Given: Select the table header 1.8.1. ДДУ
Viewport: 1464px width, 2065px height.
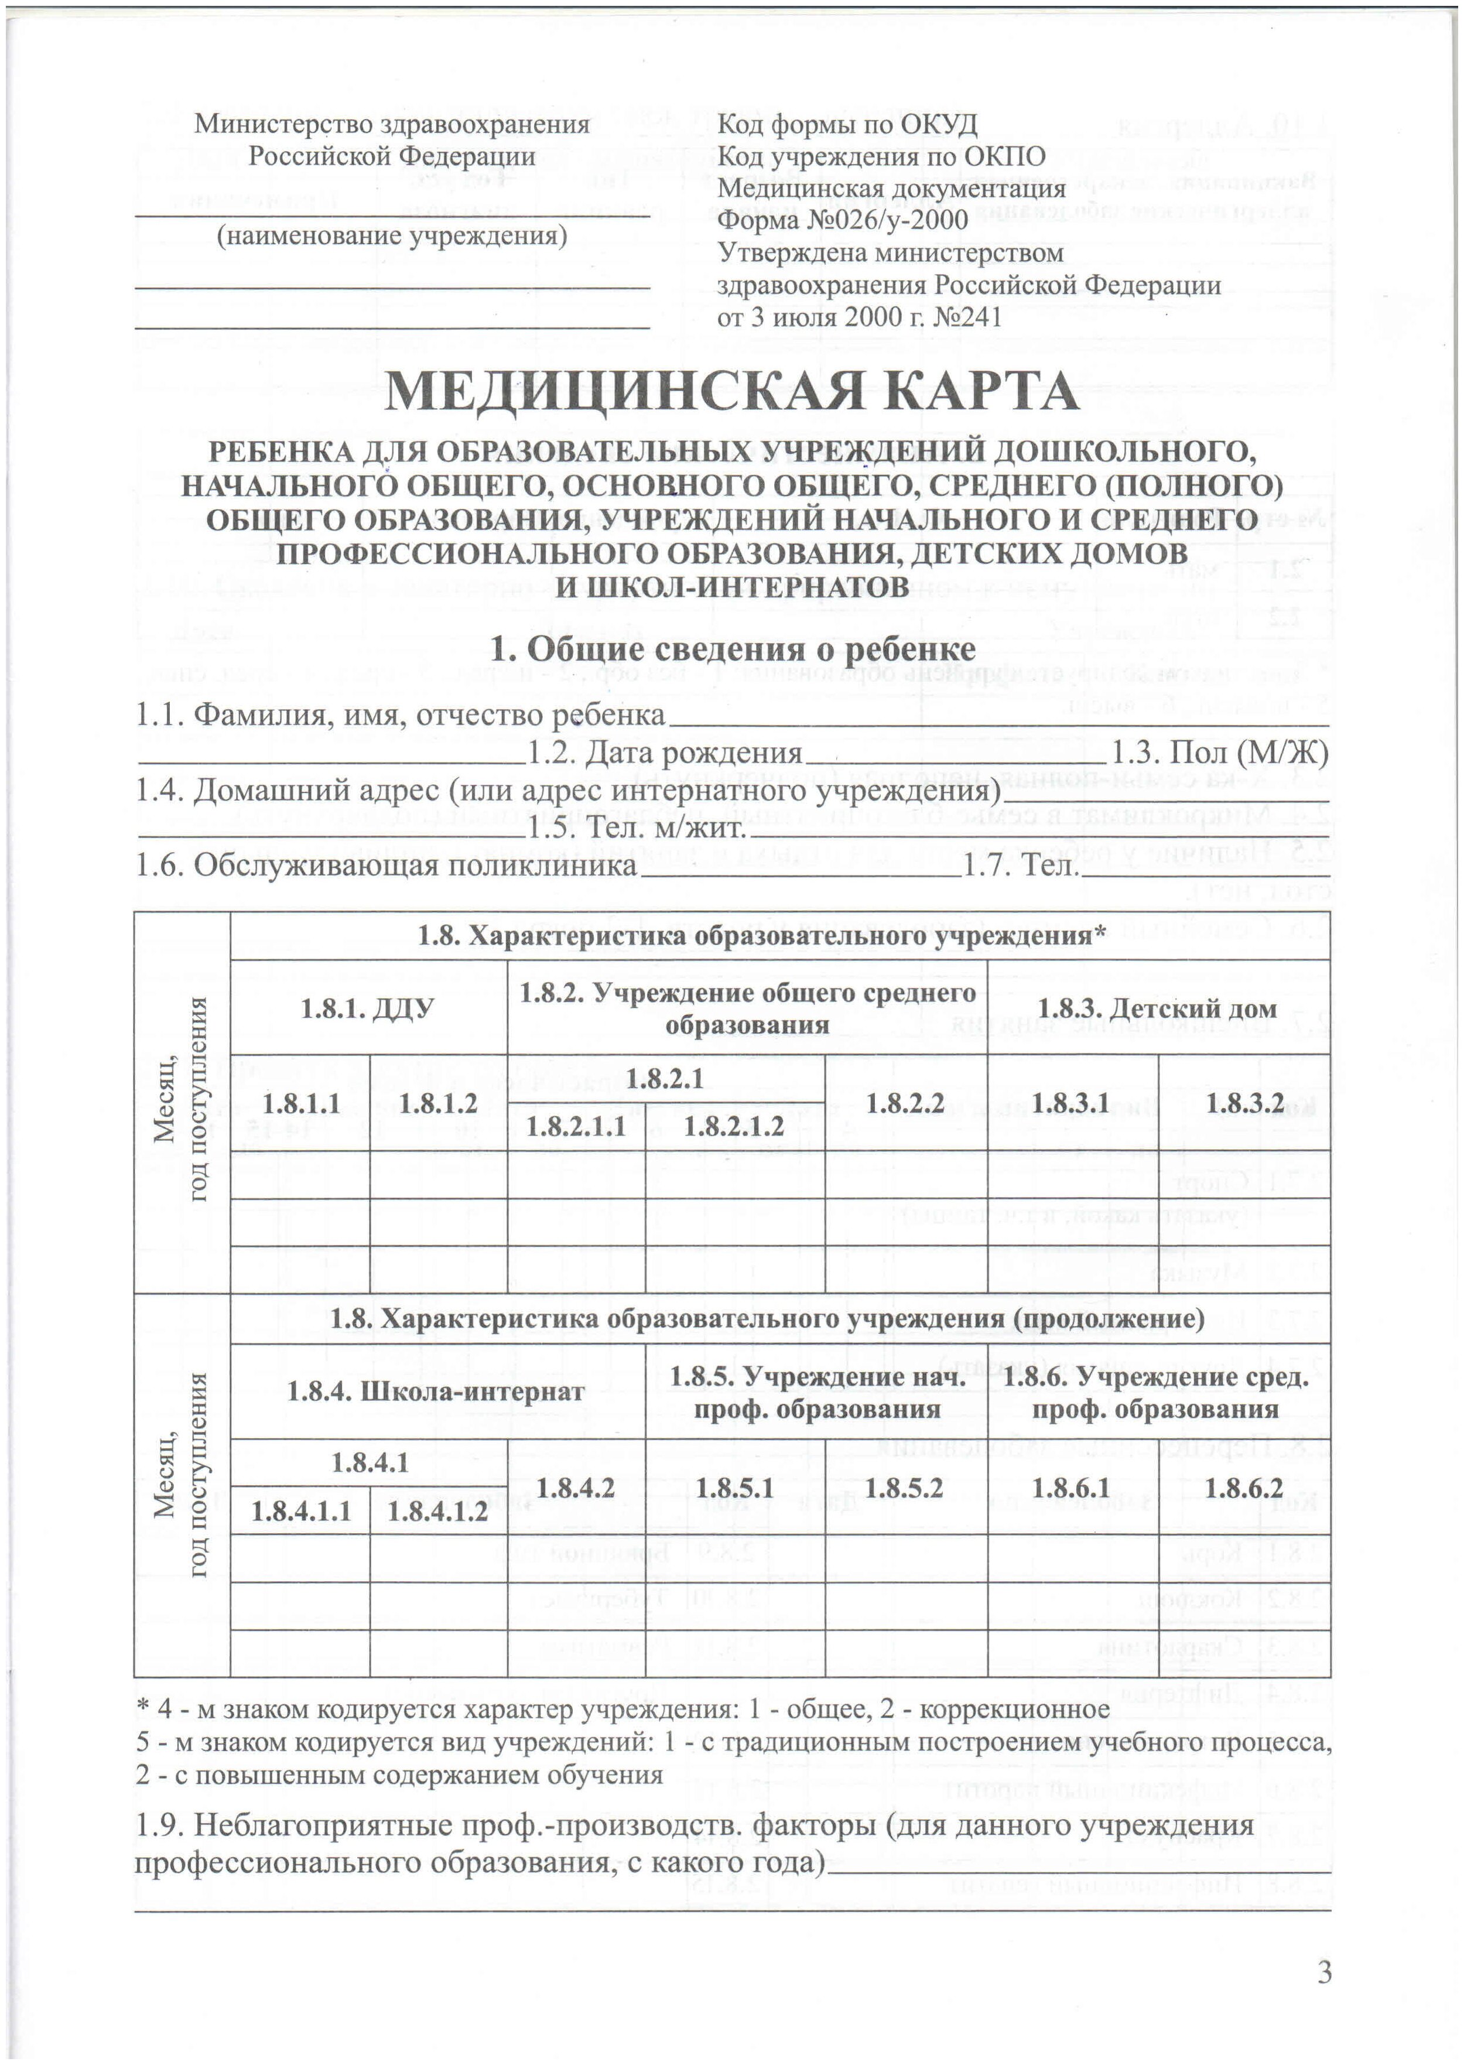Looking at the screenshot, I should (x=367, y=1008).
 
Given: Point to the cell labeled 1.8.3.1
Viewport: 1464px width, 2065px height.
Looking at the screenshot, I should (x=1071, y=1103).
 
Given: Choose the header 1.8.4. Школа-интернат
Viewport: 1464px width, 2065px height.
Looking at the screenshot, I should (x=436, y=1391).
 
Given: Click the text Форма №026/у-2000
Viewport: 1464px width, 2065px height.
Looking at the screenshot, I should (x=842, y=219).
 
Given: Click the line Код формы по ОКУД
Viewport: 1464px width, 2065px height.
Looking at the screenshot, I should (x=847, y=124).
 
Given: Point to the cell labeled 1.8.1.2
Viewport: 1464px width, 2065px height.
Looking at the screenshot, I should (x=437, y=1103).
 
